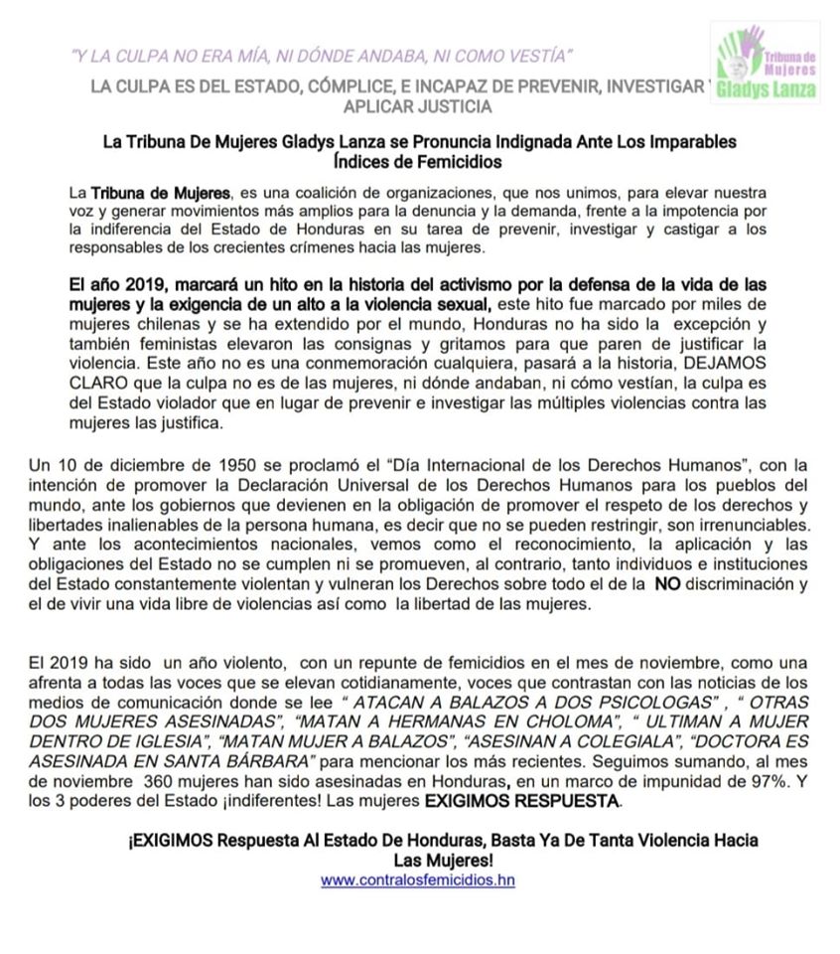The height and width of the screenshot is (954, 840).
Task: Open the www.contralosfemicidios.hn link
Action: tap(418, 879)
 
